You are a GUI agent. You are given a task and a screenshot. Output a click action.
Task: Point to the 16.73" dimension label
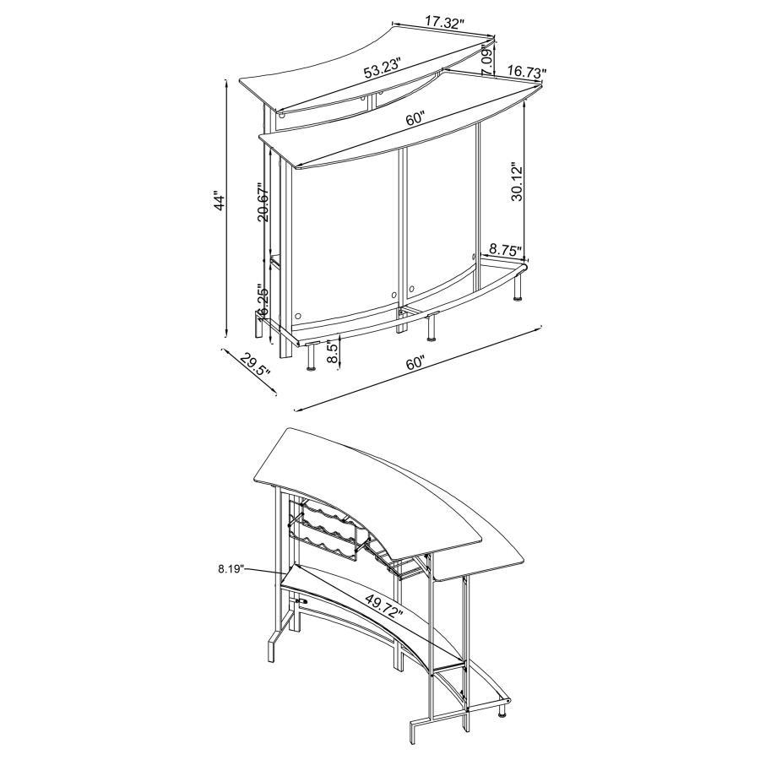coord(525,74)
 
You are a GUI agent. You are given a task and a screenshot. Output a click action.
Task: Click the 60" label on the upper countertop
coord(415,119)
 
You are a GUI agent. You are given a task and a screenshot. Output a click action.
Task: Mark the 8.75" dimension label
coord(505,250)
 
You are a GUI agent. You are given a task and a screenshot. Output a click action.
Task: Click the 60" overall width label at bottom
coord(415,364)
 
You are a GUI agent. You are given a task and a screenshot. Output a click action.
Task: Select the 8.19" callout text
coord(230,569)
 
